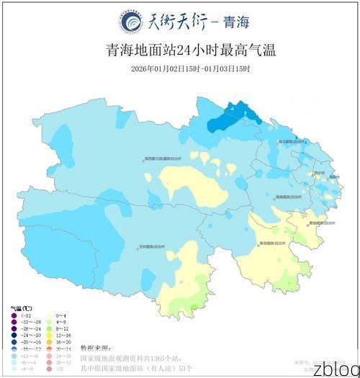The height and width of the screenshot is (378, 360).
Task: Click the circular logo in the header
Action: tap(132, 22)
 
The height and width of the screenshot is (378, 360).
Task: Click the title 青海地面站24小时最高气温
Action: tap(181, 51)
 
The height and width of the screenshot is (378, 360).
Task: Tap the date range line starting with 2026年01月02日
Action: tap(181, 68)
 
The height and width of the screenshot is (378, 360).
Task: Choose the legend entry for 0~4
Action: tap(60, 315)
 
